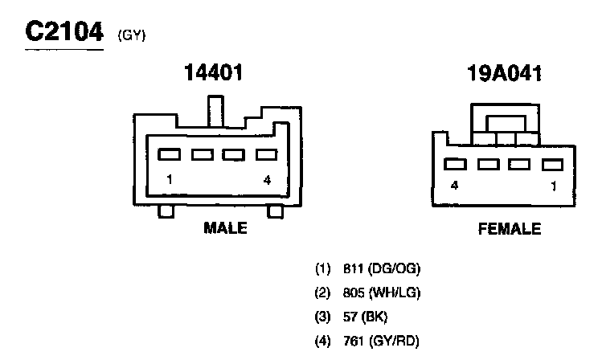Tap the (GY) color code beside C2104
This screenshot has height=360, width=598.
pyautogui.click(x=132, y=35)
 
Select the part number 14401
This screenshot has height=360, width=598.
pyautogui.click(x=213, y=73)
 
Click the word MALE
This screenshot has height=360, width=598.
pyautogui.click(x=225, y=228)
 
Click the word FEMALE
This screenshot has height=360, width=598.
pyautogui.click(x=510, y=229)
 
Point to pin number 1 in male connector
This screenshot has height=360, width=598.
pyautogui.click(x=170, y=179)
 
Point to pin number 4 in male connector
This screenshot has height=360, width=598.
pyautogui.click(x=267, y=179)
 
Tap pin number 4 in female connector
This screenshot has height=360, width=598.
pyautogui.click(x=454, y=186)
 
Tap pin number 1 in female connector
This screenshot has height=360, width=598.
pyautogui.click(x=552, y=186)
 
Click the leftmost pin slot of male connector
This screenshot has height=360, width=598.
pyautogui.click(x=169, y=153)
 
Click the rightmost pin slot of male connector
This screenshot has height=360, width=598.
pyautogui.click(x=266, y=153)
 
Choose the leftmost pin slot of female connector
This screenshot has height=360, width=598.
pyautogui.click(x=455, y=165)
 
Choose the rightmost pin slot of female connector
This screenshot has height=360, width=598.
pyautogui.click(x=551, y=165)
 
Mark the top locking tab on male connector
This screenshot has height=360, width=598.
pyautogui.click(x=215, y=111)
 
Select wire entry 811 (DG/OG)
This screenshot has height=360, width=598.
pyautogui.click(x=369, y=268)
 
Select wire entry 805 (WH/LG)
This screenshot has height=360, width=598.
pyautogui.click(x=369, y=292)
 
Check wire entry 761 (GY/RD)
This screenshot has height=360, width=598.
pyautogui.click(x=369, y=340)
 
